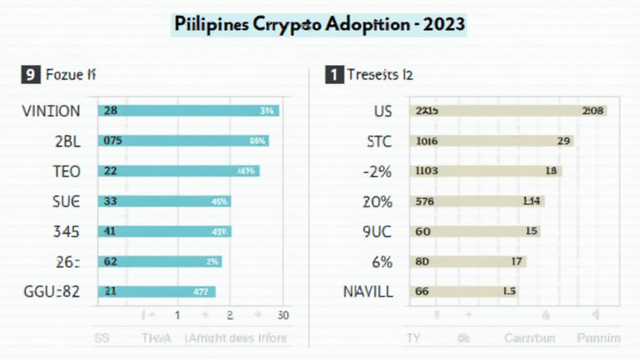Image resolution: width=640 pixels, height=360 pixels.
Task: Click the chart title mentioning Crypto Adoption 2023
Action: point(319,24)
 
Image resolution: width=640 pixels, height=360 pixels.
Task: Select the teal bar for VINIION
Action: point(188,111)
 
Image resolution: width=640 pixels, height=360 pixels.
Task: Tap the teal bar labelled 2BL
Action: point(183,141)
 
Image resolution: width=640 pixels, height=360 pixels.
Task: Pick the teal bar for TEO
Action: point(178,171)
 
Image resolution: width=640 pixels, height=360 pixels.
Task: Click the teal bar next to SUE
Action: point(164,201)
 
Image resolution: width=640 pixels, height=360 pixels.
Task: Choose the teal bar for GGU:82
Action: point(156,291)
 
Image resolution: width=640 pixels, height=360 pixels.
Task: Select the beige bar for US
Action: point(507,111)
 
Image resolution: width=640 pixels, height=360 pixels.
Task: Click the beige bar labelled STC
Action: point(491,141)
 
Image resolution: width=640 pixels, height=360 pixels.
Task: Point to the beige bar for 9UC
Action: point(474,231)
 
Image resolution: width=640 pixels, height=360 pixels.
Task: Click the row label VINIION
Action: point(51,111)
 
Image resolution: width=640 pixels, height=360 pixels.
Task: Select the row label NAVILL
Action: point(368,291)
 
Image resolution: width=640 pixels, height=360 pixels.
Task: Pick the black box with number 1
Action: point(334,76)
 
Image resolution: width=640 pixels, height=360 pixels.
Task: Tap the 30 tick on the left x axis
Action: point(282,316)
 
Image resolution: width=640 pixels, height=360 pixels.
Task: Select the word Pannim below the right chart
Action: point(598,338)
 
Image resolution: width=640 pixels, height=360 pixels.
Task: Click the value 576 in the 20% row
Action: point(425,201)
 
